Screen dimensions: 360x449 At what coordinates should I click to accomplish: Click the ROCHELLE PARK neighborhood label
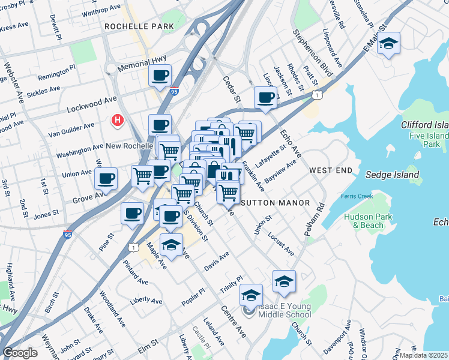pyautogui.click(x=139, y=26)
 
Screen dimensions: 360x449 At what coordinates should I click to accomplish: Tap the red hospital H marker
pyautogui.click(x=118, y=121)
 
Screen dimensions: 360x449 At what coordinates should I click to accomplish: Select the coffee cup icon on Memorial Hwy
pyautogui.click(x=160, y=76)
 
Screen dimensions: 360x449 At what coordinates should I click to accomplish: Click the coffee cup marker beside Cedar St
pyautogui.click(x=265, y=97)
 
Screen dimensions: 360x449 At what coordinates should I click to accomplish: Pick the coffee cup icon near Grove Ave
pyautogui.click(x=106, y=178)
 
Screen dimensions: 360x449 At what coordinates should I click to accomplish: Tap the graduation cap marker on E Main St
pyautogui.click(x=389, y=44)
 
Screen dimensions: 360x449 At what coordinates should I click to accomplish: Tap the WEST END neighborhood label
pyautogui.click(x=330, y=171)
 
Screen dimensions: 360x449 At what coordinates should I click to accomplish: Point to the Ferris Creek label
pyautogui.click(x=357, y=196)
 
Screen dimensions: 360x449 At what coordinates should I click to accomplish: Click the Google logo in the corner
pyautogui.click(x=20, y=353)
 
